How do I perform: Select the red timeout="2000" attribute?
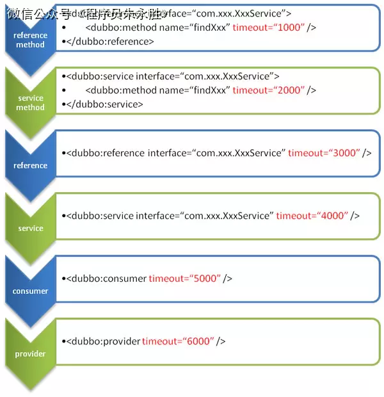[x=269, y=90]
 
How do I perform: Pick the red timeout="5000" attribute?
[x=185, y=279]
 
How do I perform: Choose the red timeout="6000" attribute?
[x=179, y=341]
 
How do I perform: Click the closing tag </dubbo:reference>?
[x=109, y=42]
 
